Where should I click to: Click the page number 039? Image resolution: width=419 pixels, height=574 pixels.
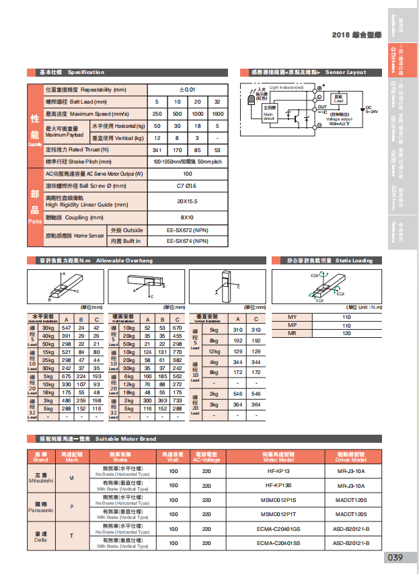(x=395, y=558)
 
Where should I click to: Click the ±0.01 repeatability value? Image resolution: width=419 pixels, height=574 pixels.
(x=186, y=89)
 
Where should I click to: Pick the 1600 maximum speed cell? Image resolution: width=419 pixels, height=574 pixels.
(x=217, y=114)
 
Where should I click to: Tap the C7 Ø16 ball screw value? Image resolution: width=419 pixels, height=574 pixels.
(x=186, y=185)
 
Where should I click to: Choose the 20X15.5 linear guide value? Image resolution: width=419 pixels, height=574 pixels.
(x=186, y=201)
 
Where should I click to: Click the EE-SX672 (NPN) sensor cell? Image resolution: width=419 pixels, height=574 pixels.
(x=186, y=230)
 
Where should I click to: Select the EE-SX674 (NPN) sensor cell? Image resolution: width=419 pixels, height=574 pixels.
(x=186, y=241)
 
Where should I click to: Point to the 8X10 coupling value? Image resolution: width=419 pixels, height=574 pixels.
(x=186, y=217)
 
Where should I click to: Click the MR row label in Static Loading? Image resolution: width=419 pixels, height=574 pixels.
(x=292, y=333)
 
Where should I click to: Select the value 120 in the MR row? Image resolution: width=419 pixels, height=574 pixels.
(x=346, y=333)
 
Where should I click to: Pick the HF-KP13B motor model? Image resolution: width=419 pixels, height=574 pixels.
(x=278, y=485)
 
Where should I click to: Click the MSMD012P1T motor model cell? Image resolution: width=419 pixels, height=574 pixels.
(x=278, y=513)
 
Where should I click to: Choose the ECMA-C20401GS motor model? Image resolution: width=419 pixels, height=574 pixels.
(x=278, y=528)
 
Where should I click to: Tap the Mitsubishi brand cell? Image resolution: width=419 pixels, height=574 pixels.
(x=40, y=478)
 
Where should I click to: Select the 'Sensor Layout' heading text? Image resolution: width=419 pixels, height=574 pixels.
(x=346, y=72)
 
